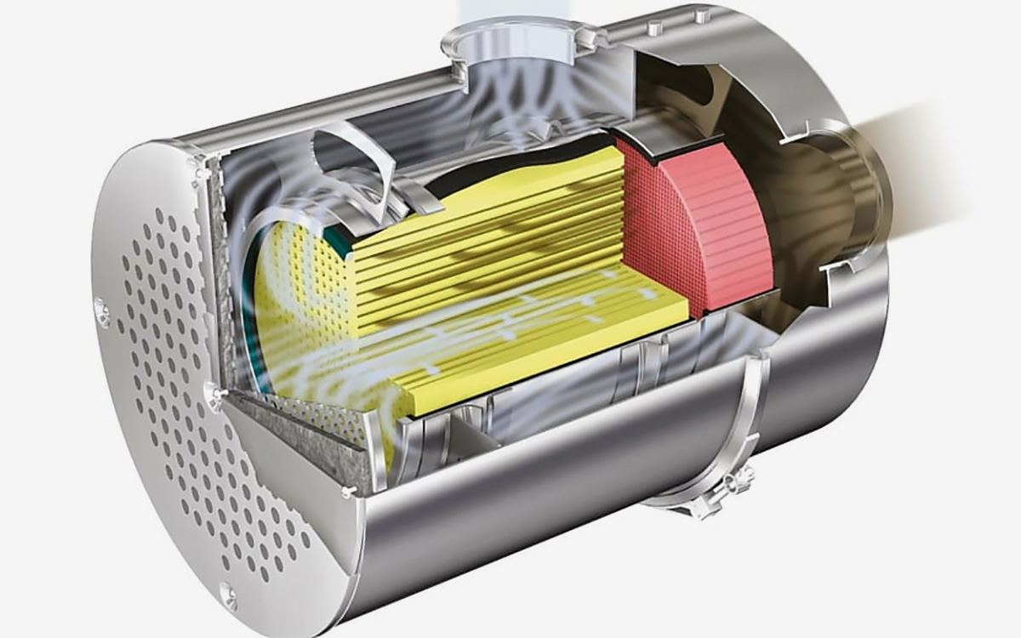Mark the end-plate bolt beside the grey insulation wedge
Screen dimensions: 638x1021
pos(348,492)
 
